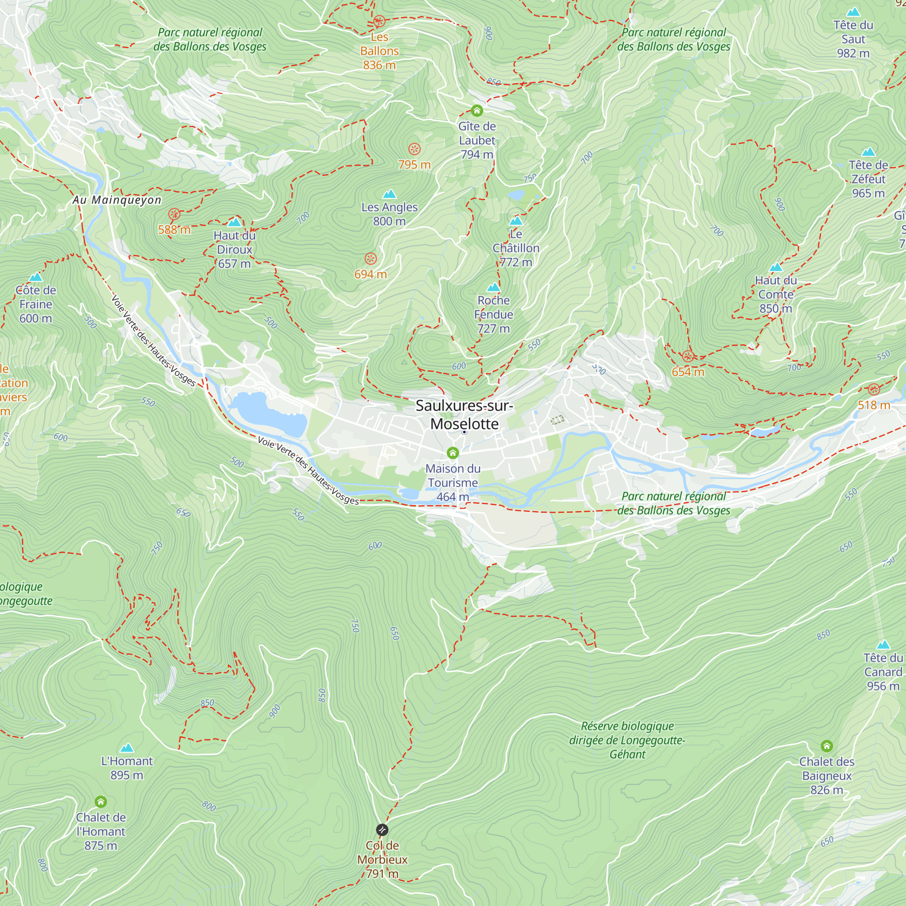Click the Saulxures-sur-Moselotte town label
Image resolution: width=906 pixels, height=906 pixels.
tap(464, 414)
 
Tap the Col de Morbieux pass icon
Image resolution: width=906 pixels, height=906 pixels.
tap(382, 830)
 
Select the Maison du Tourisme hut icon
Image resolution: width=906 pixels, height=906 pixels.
tap(453, 453)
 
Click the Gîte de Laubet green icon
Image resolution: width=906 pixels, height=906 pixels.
tap(477, 111)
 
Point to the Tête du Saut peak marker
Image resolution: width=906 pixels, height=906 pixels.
tap(853, 12)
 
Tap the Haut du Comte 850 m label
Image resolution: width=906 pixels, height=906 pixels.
tap(776, 294)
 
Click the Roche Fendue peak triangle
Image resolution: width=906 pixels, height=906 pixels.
tap(493, 288)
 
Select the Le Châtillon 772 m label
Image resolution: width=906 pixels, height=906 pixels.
tap(516, 248)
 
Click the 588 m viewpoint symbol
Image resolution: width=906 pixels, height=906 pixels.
tap(174, 215)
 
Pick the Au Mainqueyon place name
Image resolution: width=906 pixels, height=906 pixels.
tap(117, 200)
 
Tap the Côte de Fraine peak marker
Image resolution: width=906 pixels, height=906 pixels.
tap(36, 278)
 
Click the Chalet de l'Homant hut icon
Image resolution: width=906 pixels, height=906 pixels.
tap(101, 801)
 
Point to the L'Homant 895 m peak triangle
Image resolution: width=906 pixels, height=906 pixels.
tap(127, 748)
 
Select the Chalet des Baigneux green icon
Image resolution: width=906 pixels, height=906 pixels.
tap(827, 746)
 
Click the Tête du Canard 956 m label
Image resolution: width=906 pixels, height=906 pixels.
tap(883, 672)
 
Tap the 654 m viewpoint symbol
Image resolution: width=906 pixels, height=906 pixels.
tap(688, 356)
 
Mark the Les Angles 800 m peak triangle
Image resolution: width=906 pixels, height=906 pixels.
tap(389, 194)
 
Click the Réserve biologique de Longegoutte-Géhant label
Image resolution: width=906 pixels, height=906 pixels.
tap(627, 740)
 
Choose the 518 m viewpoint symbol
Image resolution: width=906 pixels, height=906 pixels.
tap(874, 389)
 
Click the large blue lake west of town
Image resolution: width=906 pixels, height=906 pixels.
tap(270, 414)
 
